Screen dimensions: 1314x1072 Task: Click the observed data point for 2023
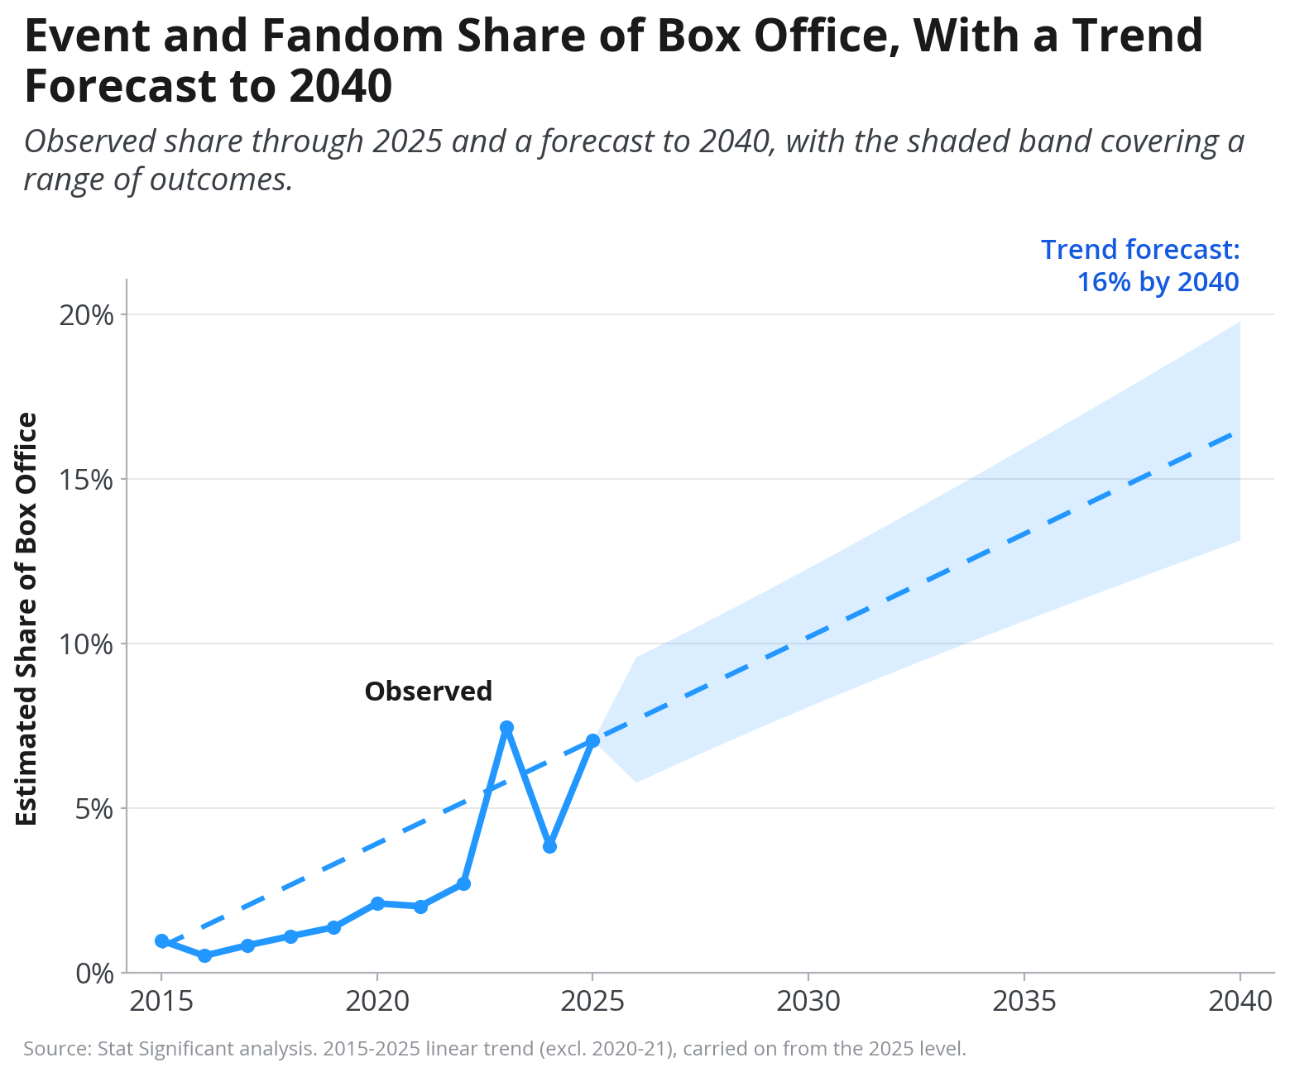pos(506,728)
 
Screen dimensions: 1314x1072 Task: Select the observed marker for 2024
pos(549,846)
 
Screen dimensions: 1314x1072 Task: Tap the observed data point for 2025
pos(592,740)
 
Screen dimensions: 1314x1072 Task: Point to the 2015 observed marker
pos(161,940)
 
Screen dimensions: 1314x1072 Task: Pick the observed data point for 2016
pos(204,955)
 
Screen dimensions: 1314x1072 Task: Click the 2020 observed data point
pos(377,903)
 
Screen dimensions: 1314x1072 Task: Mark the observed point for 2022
pos(463,884)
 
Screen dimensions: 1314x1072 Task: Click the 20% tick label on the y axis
pos(87,315)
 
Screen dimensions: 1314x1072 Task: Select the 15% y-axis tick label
pos(87,480)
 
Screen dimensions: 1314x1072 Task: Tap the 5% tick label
pos(94,808)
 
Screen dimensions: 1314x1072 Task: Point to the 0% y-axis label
pos(94,973)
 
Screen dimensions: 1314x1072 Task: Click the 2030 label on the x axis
pos(808,1002)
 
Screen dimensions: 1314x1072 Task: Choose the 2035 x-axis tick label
pos(1024,1002)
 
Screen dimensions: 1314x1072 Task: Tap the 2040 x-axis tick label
pos(1240,1002)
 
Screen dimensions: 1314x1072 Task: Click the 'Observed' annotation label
pos(428,692)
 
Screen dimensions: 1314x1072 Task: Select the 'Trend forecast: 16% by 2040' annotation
pos(1140,266)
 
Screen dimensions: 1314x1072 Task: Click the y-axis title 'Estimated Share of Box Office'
pos(26,620)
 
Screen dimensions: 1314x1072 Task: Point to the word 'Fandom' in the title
pos(352,36)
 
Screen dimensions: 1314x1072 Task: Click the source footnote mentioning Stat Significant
pos(495,1048)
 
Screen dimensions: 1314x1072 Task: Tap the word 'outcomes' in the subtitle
pos(221,179)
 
